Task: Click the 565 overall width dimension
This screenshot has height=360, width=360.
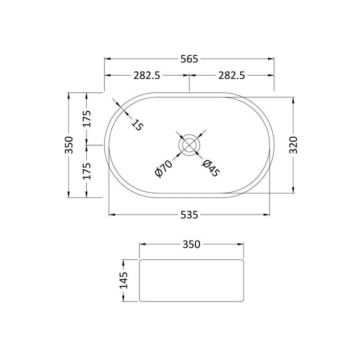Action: [x=189, y=59]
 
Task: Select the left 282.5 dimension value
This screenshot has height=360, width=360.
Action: [x=147, y=75]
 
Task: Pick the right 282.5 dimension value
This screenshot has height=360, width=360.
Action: [x=232, y=75]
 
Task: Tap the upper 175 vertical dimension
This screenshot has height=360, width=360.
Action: [x=87, y=119]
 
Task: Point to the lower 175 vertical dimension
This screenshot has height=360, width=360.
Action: [x=87, y=171]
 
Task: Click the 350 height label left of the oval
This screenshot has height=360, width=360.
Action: [x=69, y=145]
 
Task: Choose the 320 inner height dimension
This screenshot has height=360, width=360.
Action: [x=293, y=145]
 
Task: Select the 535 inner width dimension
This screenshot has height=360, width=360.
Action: [x=189, y=215]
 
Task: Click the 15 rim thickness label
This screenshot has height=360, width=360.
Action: [x=137, y=125]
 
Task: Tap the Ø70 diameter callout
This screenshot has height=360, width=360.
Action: [x=163, y=169]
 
